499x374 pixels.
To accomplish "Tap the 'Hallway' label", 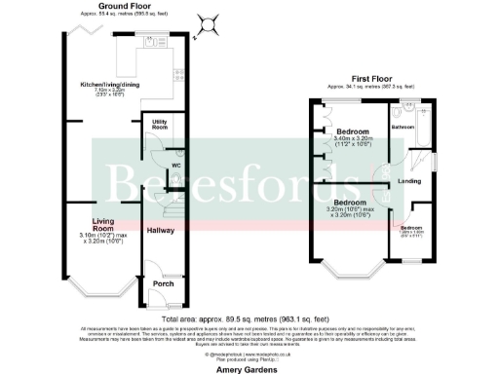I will [x=160, y=231].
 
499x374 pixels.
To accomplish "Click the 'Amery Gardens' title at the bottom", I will [x=249, y=370].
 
